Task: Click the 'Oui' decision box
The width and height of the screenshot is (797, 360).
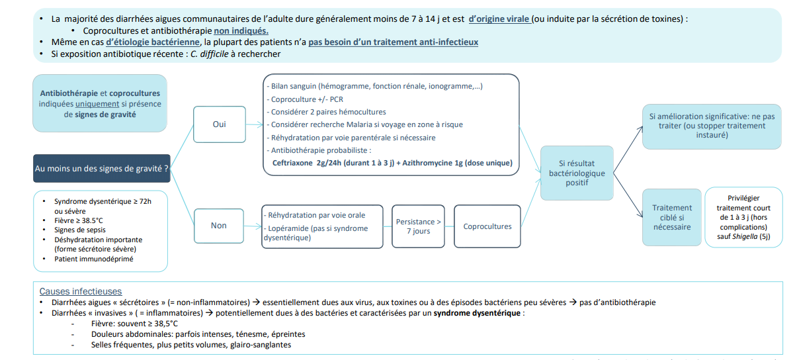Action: [219, 124]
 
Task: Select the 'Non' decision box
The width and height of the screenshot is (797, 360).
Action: [219, 225]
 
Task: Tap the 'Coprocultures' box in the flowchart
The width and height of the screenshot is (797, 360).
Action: [487, 226]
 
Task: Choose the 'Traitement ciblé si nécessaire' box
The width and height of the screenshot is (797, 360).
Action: [672, 217]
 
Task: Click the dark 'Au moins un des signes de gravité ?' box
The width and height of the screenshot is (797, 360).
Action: [101, 169]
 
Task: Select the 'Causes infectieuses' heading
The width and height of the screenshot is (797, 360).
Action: [80, 291]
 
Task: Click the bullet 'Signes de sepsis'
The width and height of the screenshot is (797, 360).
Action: [84, 230]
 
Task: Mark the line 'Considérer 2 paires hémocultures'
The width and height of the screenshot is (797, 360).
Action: [327, 112]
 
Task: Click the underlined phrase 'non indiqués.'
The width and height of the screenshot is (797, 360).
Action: [241, 30]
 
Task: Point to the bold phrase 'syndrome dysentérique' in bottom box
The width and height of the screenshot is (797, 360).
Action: [476, 313]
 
